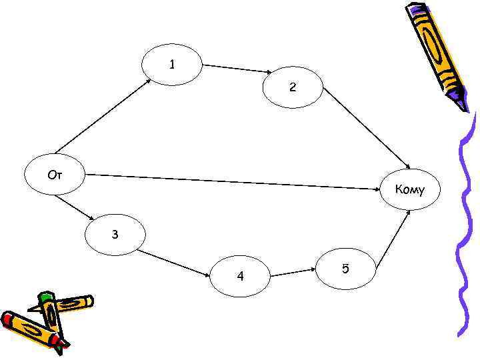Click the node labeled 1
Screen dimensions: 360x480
pos(172,65)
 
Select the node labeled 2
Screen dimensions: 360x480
pos(293,87)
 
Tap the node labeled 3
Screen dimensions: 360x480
pos(114,235)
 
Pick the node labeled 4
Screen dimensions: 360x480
pos(240,275)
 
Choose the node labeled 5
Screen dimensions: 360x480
pos(345,269)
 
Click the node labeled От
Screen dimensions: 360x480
pos(55,176)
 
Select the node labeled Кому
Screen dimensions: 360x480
pos(409,190)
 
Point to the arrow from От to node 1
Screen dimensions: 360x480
pos(103,116)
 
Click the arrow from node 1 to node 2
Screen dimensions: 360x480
pos(237,69)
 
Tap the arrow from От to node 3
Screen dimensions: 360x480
pos(75,207)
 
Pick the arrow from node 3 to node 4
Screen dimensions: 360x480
pos(175,263)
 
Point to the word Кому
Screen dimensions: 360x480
pos(409,190)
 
